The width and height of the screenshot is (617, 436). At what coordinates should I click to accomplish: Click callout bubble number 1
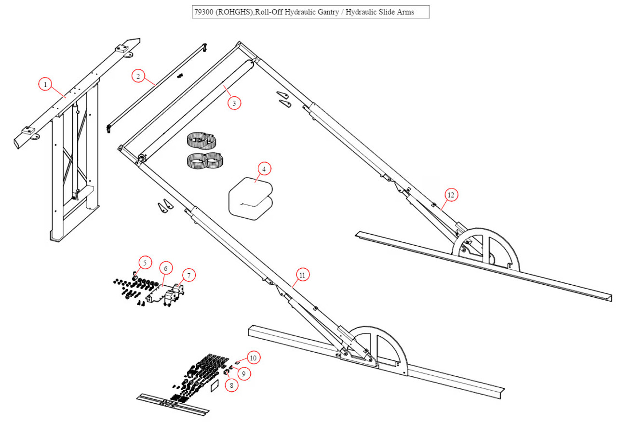(x=45, y=85)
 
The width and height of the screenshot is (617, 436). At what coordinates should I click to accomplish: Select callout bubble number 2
(x=138, y=76)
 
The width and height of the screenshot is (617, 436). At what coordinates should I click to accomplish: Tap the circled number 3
(x=234, y=103)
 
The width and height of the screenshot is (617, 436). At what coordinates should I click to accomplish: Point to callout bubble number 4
(x=264, y=169)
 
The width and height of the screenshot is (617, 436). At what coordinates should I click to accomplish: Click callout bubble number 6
(x=165, y=268)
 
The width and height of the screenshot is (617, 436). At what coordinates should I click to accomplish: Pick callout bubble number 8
(x=231, y=385)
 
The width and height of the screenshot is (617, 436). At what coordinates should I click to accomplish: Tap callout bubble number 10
(x=254, y=357)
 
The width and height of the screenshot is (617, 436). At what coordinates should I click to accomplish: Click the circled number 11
(x=302, y=275)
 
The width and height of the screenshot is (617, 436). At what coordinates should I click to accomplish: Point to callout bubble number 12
(x=451, y=195)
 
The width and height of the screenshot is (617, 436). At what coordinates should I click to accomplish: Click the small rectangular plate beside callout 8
(x=215, y=385)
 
